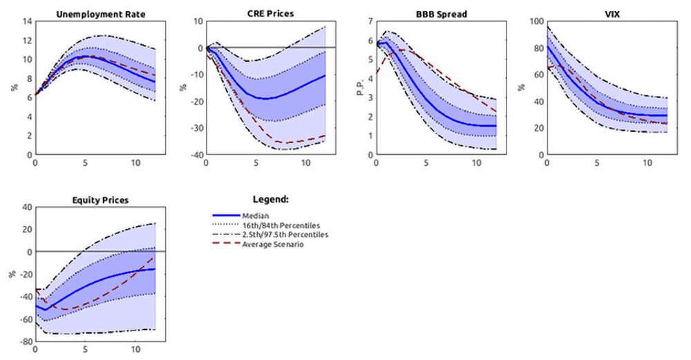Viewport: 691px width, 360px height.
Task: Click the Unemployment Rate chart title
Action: pyautogui.click(x=95, y=13)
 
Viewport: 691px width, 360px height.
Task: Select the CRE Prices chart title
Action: pyautogui.click(x=265, y=13)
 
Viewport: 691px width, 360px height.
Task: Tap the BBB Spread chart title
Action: pyautogui.click(x=436, y=13)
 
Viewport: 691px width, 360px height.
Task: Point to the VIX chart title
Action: pyautogui.click(x=607, y=13)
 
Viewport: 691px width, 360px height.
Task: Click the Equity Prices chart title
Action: pyautogui.click(x=95, y=200)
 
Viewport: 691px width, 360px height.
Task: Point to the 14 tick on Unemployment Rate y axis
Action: pyautogui.click(x=27, y=21)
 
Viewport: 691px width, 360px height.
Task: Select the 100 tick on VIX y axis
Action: pyautogui.click(x=536, y=21)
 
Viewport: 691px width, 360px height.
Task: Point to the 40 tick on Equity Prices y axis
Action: pyautogui.click(x=27, y=207)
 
